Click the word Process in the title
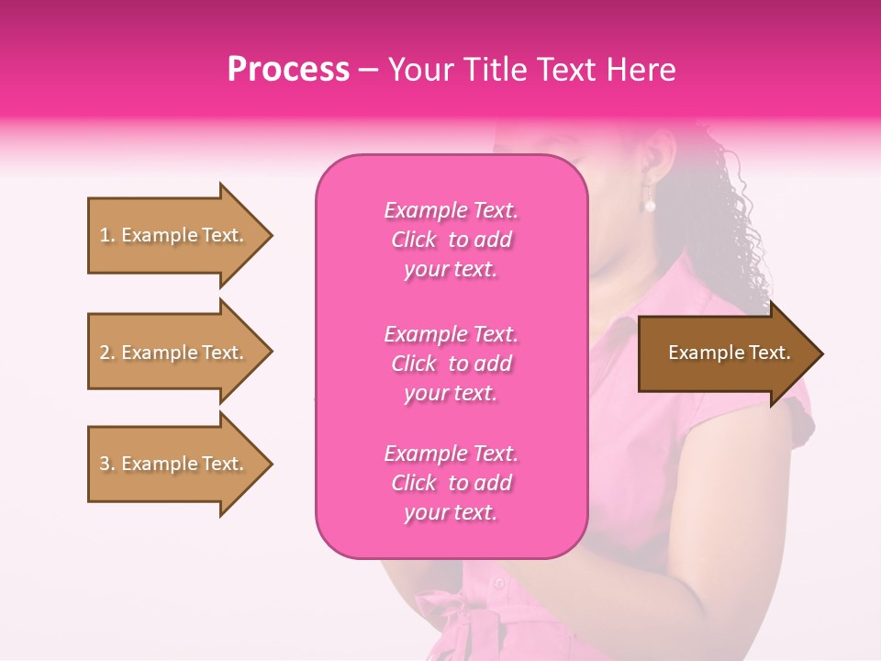(288, 70)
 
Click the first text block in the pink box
(451, 240)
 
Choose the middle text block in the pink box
(451, 364)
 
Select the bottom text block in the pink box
(451, 483)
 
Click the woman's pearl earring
(650, 204)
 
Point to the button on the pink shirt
(498, 582)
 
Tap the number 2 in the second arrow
(104, 353)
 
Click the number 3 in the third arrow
(104, 464)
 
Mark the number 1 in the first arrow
(104, 235)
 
